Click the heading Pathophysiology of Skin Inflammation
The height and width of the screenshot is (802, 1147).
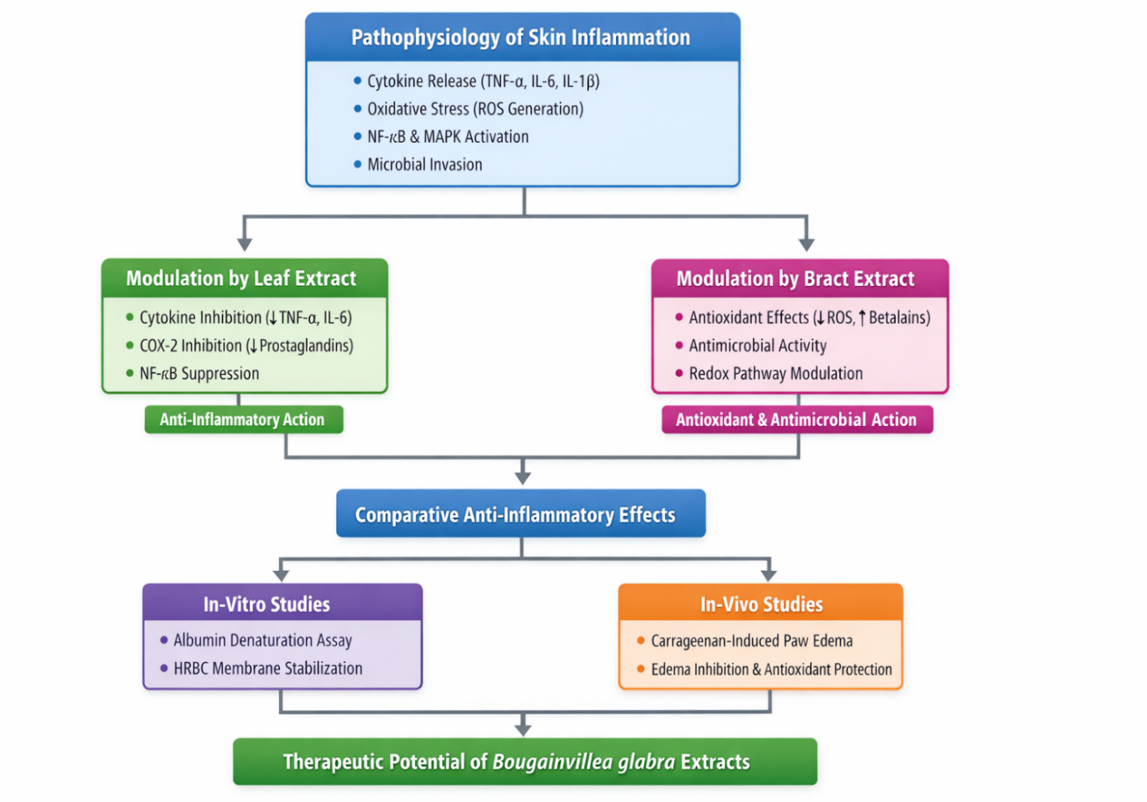tap(520, 38)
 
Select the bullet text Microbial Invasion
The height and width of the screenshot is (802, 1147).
tap(424, 164)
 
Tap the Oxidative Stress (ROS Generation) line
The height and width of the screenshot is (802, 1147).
tap(475, 108)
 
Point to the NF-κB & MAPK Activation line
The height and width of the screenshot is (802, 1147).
tap(448, 137)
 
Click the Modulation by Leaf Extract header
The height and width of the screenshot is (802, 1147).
tap(241, 278)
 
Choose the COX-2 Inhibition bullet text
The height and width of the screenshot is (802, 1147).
tap(246, 345)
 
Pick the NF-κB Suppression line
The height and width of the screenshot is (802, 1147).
tap(199, 373)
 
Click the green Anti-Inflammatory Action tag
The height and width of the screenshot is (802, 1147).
tap(243, 419)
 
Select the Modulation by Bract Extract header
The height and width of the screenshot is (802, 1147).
tap(795, 278)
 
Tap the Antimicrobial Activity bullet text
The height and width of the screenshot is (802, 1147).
tap(758, 345)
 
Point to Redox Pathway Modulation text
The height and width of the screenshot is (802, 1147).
tap(775, 373)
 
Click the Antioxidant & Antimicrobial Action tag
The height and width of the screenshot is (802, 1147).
tap(796, 419)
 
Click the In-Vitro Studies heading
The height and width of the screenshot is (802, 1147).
tap(267, 604)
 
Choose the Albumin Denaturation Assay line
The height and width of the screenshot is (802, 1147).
tap(263, 640)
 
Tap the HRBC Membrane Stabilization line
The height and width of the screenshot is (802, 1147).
tap(268, 669)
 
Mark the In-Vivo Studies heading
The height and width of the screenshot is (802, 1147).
tap(761, 604)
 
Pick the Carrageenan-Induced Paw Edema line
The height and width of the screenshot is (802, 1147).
tap(751, 641)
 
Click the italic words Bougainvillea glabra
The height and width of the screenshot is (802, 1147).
tap(584, 762)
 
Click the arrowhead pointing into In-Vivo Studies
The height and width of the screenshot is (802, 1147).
tap(769, 574)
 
